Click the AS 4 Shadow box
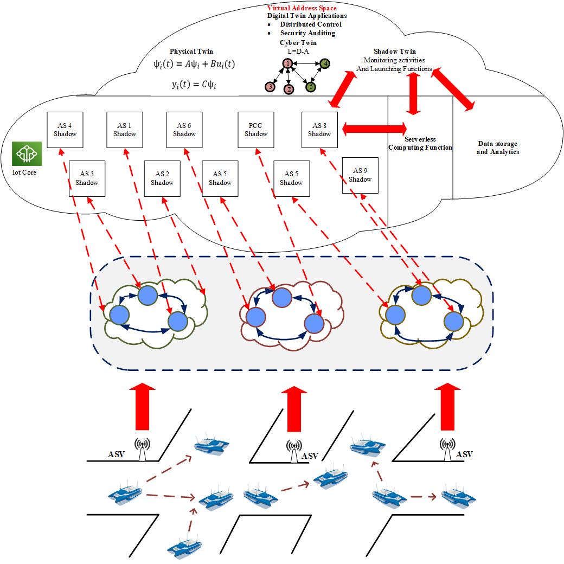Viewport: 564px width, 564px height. [x=65, y=130]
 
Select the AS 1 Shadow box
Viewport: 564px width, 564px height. [x=125, y=130]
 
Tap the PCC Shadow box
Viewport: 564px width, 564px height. [x=256, y=130]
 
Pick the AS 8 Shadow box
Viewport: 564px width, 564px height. [x=319, y=130]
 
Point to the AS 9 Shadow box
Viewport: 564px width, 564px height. [x=360, y=175]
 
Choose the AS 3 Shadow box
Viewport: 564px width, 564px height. [x=87, y=178]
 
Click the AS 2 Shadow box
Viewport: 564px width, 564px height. [x=162, y=178]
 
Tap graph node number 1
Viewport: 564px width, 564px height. [x=287, y=63]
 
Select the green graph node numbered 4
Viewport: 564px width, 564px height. [x=325, y=63]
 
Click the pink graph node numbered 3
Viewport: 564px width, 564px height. [x=269, y=87]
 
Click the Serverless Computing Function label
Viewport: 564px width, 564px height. [x=420, y=143]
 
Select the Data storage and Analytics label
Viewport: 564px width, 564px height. [x=497, y=148]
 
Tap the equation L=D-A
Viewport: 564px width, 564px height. [x=298, y=50]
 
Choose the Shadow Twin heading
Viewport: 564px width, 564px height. [x=395, y=52]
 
